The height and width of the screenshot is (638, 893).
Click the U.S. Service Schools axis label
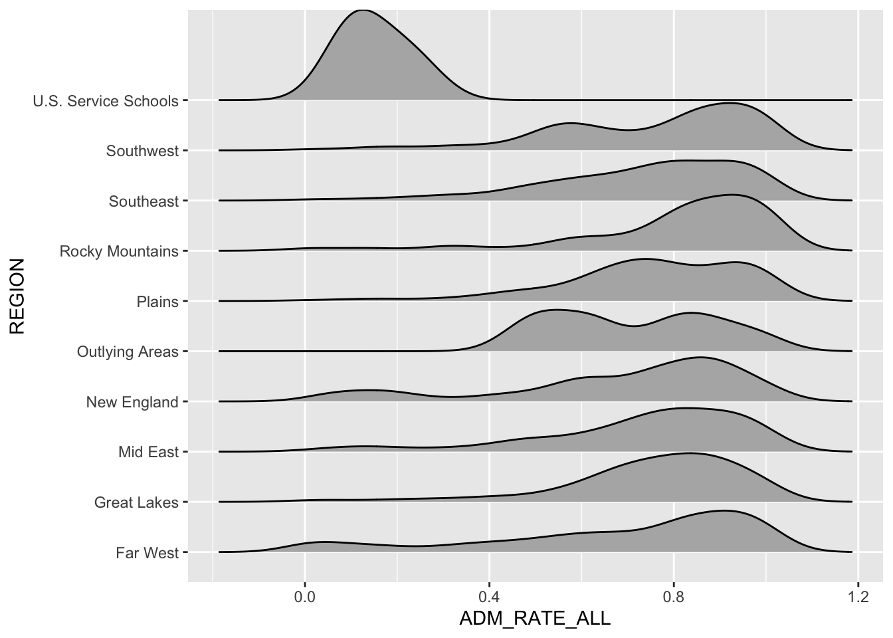(106, 101)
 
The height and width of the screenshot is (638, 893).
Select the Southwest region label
(142, 151)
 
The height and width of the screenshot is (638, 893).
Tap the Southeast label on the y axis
(144, 201)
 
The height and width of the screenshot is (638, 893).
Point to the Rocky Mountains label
(119, 251)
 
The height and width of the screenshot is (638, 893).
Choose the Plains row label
(157, 302)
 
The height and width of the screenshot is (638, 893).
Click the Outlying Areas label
(128, 352)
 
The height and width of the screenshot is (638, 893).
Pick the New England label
(132, 402)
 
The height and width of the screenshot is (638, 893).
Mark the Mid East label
(148, 453)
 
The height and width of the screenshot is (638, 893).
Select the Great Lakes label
(136, 502)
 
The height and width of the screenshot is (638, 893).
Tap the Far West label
(147, 553)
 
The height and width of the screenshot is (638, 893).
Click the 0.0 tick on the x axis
(305, 597)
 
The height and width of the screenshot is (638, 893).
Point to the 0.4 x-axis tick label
(489, 597)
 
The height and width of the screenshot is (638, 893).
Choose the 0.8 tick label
(674, 597)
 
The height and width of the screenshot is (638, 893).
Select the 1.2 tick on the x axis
(858, 597)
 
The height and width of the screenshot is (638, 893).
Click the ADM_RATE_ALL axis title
(535, 619)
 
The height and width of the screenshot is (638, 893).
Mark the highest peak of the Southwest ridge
(730, 104)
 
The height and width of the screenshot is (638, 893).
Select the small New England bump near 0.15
(364, 390)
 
